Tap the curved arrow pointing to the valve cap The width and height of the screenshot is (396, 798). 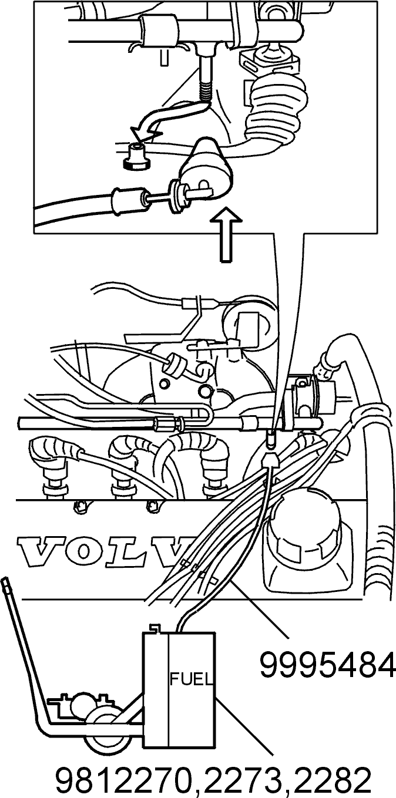168,118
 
